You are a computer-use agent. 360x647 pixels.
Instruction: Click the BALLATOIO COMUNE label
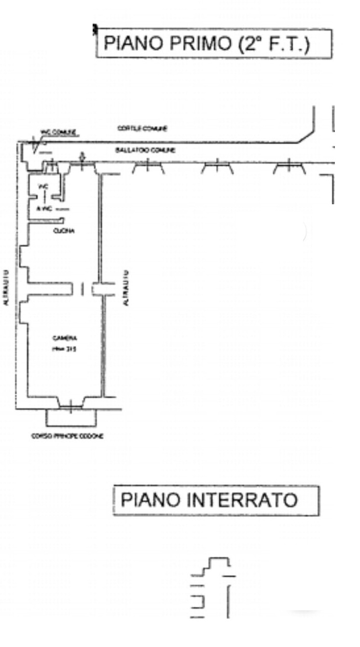click(x=145, y=151)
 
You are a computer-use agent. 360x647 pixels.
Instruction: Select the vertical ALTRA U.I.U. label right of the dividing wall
click(x=126, y=288)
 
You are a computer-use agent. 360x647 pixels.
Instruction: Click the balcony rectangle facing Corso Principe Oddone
click(x=71, y=416)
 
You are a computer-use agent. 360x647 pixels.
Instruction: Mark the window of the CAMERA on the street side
click(x=71, y=405)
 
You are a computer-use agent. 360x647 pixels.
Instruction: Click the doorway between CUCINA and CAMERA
click(x=82, y=289)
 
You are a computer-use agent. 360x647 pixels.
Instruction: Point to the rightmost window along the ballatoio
click(x=289, y=166)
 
